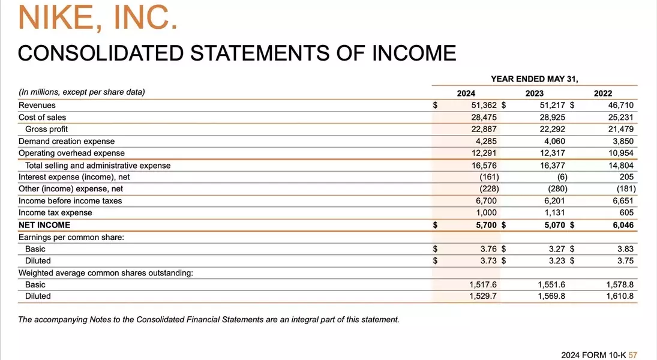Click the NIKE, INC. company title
point(98,17)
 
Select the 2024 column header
point(466,93)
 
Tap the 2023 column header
point(535,93)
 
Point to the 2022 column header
point(603,93)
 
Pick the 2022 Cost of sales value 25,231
point(621,117)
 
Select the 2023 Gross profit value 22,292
point(553,129)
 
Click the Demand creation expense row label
point(67,141)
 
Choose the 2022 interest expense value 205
point(626,177)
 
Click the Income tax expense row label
point(55,212)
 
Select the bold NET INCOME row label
point(44,225)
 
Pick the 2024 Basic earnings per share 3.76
point(488,249)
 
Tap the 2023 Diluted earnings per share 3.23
point(557,261)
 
